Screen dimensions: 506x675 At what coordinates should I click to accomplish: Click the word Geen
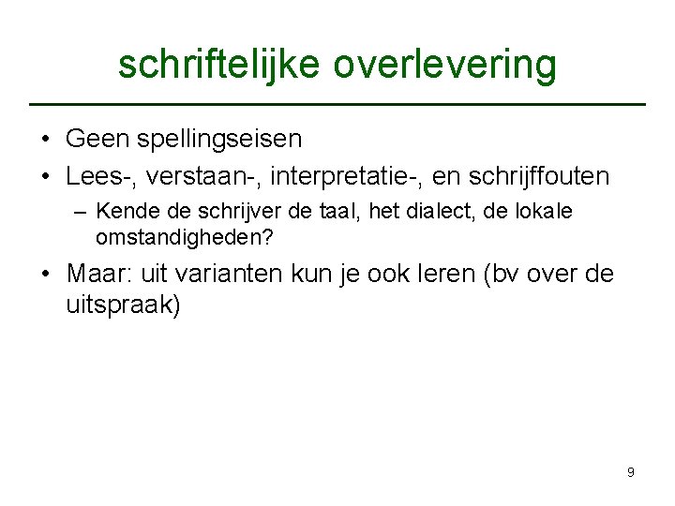point(97,140)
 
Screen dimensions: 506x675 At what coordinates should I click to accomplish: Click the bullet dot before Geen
point(45,141)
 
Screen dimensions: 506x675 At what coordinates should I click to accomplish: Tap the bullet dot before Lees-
point(45,176)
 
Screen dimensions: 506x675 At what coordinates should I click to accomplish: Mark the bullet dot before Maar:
point(45,275)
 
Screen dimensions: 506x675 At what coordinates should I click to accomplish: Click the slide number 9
point(630,472)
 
